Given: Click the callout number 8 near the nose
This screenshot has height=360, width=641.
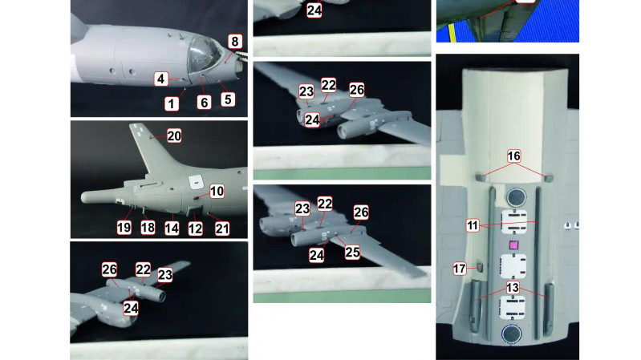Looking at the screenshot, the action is click(234, 42).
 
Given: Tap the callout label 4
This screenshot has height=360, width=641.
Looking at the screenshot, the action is click(161, 79).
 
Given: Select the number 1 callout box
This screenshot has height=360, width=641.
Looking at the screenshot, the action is click(172, 103).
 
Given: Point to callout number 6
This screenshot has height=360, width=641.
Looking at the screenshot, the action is click(204, 102).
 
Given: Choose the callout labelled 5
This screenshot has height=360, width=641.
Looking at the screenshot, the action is click(228, 99).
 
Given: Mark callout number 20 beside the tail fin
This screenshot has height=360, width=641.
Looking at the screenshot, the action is click(174, 136).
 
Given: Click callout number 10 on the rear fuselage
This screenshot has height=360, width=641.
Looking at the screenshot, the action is click(217, 192).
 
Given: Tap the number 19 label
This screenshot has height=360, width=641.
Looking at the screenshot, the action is click(124, 228).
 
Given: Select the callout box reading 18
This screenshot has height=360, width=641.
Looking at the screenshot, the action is click(148, 228).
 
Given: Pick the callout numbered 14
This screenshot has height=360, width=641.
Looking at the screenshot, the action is click(172, 229).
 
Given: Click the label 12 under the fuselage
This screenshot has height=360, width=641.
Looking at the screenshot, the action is click(196, 229).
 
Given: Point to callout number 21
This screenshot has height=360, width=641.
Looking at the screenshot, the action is click(222, 229).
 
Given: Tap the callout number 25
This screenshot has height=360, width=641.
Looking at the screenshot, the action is click(352, 253).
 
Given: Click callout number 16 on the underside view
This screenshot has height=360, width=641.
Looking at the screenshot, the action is click(514, 156).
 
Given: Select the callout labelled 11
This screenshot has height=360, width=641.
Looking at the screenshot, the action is click(473, 225).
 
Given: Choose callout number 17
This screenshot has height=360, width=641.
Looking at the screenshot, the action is click(460, 269).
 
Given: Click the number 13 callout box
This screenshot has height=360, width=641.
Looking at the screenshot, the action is click(512, 288).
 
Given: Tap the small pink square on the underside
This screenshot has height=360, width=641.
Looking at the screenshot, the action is click(514, 245).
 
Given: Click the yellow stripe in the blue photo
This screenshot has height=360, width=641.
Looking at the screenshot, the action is click(452, 33).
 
